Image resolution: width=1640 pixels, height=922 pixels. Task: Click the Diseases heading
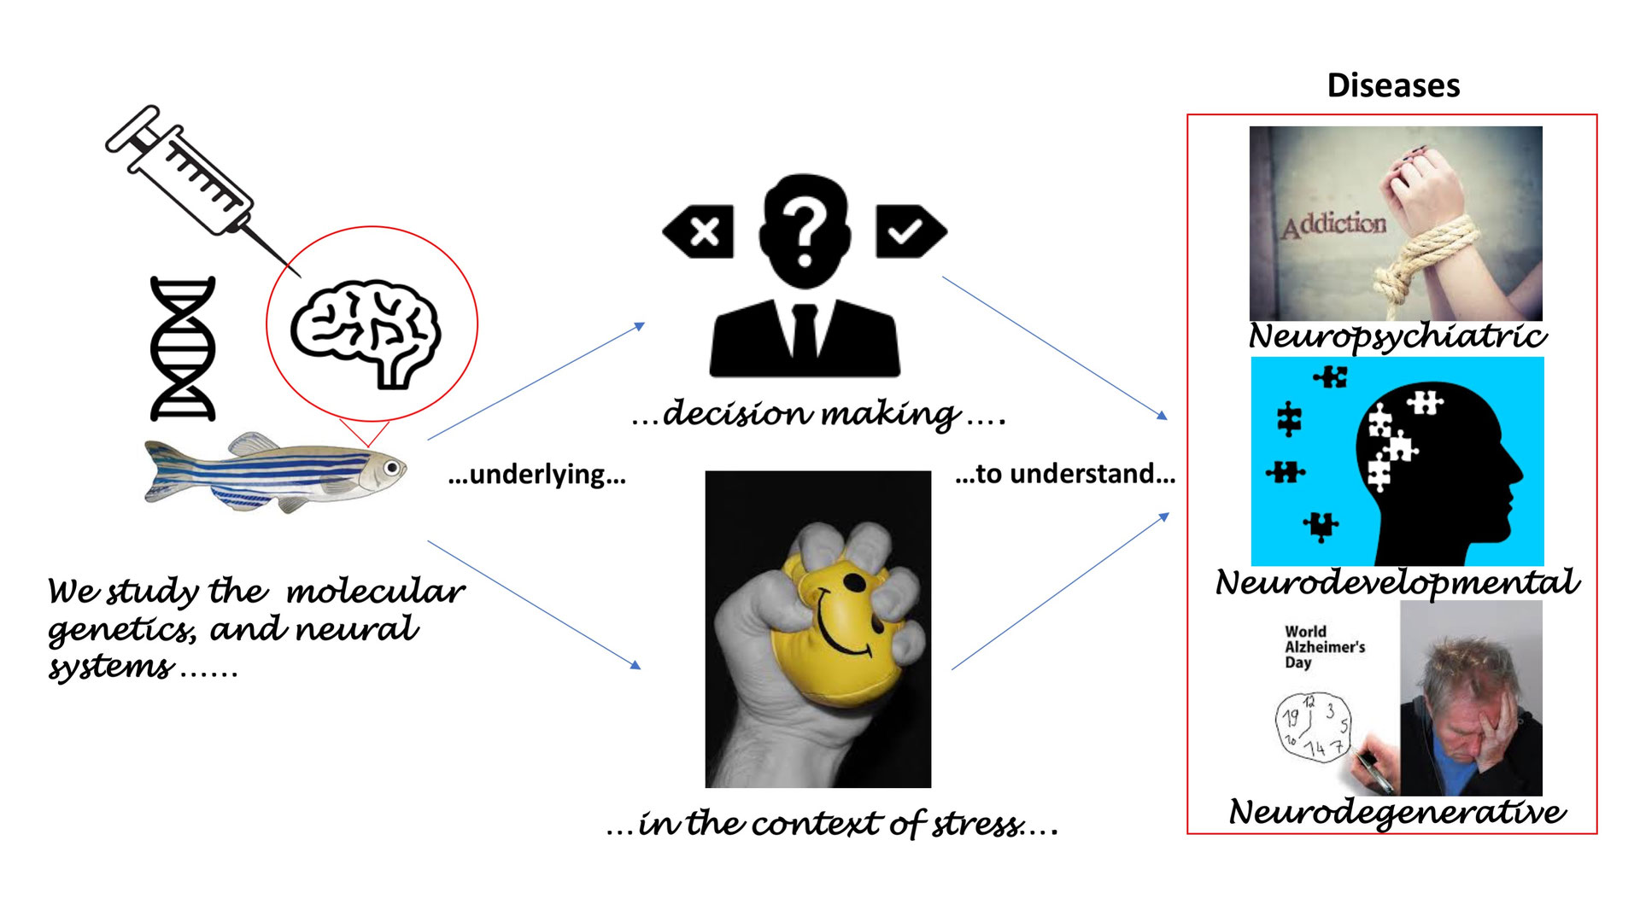tap(1393, 85)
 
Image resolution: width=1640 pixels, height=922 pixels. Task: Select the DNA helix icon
tap(183, 348)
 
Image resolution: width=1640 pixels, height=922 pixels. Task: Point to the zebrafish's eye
tap(391, 468)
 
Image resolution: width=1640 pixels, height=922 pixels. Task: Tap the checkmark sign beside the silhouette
tap(907, 231)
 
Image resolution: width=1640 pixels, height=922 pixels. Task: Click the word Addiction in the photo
tap(1334, 225)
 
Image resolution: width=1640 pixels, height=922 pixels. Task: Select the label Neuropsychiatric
tap(1397, 336)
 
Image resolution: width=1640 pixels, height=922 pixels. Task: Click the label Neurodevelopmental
tap(1397, 582)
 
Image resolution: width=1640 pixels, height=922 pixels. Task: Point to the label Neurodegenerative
tap(1397, 811)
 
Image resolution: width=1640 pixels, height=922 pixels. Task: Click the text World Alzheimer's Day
tap(1324, 646)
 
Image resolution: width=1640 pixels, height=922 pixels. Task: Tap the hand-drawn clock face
tap(1314, 727)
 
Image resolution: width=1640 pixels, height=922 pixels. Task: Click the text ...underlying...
tap(537, 474)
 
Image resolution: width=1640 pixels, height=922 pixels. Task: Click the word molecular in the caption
tap(376, 591)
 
